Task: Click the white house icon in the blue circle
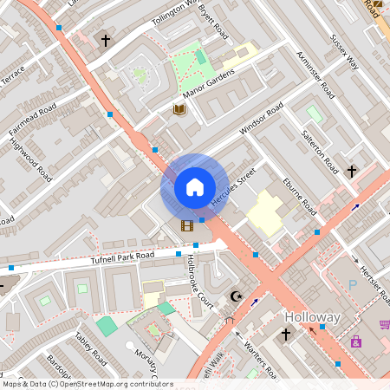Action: click(195, 186)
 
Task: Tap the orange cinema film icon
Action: click(186, 226)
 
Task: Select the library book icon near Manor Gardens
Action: click(179, 109)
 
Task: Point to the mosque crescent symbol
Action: click(235, 297)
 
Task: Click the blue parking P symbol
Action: click(352, 284)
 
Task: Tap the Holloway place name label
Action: click(313, 317)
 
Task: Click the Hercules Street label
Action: click(235, 186)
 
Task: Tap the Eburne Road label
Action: click(300, 196)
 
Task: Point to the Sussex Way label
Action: click(344, 52)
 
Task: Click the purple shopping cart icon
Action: click(384, 324)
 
